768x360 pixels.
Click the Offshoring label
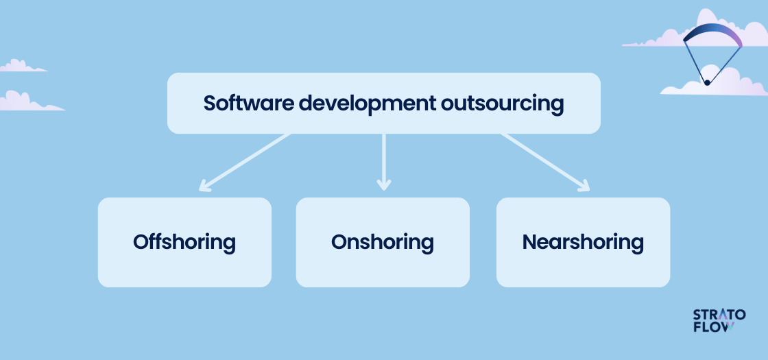point(184,243)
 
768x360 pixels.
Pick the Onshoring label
point(383,243)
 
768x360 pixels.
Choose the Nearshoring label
point(583,243)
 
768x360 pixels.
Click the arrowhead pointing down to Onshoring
point(383,184)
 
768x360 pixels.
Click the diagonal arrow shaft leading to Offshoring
point(245,162)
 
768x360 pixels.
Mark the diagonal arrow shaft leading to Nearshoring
point(544,162)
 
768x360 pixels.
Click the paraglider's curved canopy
point(712,34)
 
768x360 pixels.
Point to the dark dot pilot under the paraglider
point(707,83)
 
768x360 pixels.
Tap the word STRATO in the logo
point(719,315)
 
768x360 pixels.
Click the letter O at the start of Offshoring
point(141,243)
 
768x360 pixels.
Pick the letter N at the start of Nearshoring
point(529,243)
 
